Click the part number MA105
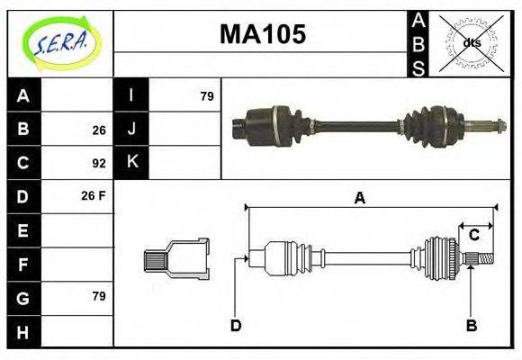(263, 34)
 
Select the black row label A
(24, 95)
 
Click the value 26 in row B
(98, 130)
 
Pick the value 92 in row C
(98, 164)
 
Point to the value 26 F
(94, 194)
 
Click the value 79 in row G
(98, 296)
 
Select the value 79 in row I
(206, 95)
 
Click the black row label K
(131, 163)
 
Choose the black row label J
(131, 129)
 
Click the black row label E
(24, 230)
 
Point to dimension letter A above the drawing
(359, 199)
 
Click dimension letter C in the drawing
(473, 236)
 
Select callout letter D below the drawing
(236, 325)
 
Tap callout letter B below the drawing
(470, 325)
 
